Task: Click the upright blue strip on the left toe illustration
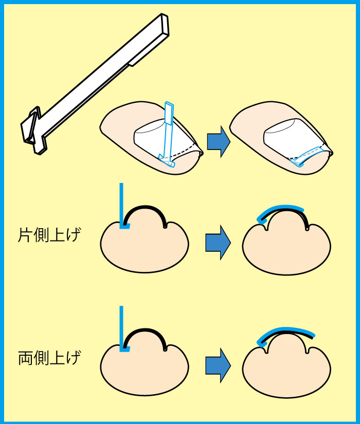coord(168,128)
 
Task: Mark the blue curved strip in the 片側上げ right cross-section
coord(280,208)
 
